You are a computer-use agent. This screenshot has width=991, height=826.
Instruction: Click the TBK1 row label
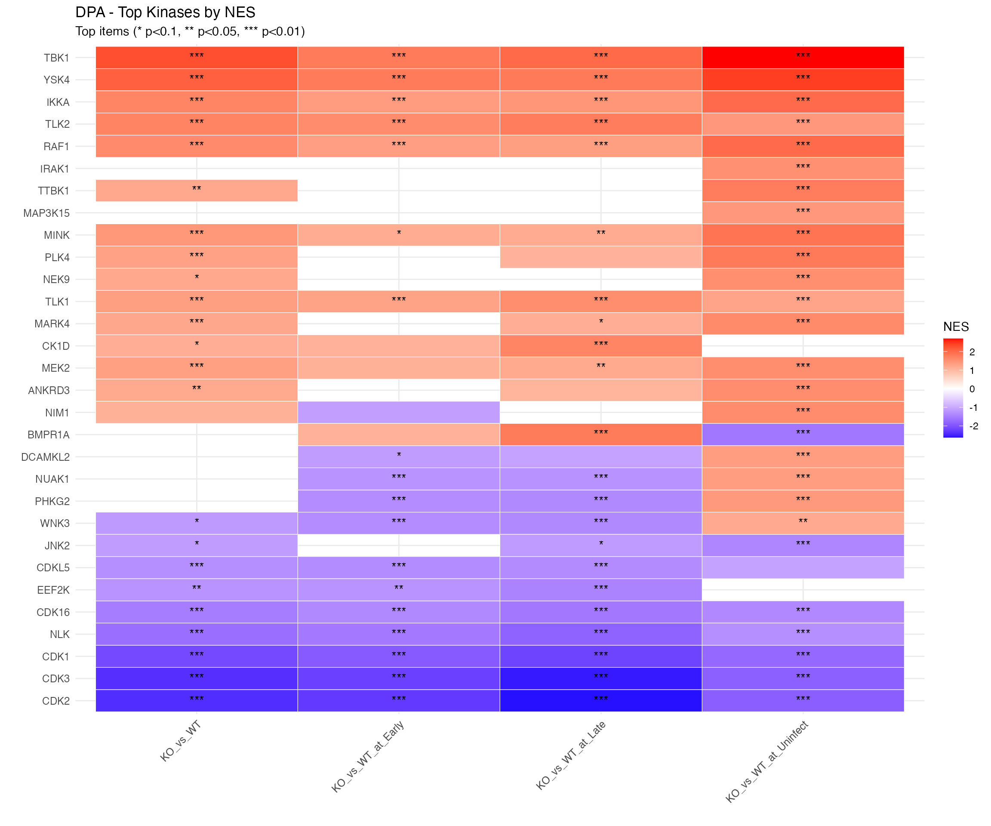tap(56, 58)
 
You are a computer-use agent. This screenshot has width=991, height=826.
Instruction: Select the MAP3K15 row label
tap(46, 213)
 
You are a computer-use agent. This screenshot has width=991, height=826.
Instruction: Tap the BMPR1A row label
tap(48, 435)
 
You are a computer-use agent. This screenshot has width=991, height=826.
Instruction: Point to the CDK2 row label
tap(55, 701)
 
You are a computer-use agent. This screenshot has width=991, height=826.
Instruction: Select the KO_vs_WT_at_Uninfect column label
tap(767, 761)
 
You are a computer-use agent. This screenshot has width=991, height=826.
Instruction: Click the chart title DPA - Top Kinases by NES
tap(165, 12)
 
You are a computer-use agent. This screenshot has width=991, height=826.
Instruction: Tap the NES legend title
tap(956, 327)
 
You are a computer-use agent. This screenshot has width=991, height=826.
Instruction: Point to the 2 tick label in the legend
tap(972, 352)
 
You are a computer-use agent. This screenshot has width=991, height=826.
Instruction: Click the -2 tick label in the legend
tap(973, 426)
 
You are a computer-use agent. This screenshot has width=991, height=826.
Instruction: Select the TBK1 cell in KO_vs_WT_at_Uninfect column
tap(803, 58)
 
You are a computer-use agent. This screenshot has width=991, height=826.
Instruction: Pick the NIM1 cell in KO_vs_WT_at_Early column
tap(399, 413)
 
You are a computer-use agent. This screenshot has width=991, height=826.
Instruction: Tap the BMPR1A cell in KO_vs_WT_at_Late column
tap(601, 435)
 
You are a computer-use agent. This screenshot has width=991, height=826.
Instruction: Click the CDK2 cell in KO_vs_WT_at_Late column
tap(601, 701)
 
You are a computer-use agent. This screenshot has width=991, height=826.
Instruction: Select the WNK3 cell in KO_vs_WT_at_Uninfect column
tap(803, 524)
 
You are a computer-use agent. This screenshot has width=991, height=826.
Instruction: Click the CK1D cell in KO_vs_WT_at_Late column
tap(601, 346)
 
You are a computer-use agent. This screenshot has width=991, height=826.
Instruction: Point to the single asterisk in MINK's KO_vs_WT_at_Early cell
tap(399, 233)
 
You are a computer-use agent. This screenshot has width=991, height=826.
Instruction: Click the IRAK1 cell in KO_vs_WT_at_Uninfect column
tap(803, 169)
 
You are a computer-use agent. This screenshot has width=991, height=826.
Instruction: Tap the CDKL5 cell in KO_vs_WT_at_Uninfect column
tap(803, 568)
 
